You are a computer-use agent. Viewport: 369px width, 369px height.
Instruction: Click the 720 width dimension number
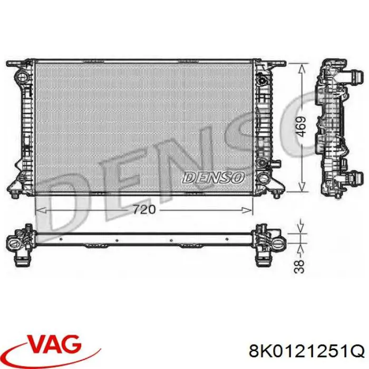pyautogui.click(x=143, y=209)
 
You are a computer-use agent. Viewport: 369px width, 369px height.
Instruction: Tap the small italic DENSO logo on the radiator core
pyautogui.click(x=213, y=178)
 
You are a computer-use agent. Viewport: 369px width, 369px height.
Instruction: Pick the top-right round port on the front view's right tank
pyautogui.click(x=262, y=80)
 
